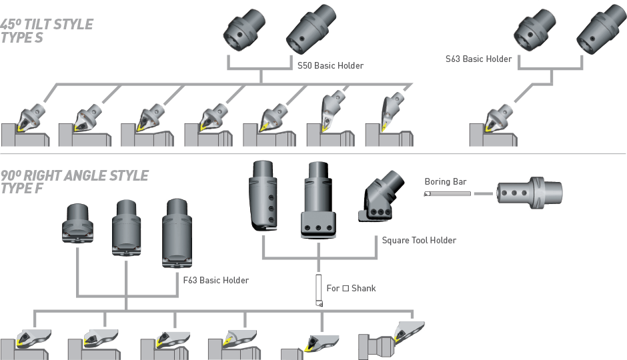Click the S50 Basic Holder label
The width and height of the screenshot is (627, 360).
coord(331,65)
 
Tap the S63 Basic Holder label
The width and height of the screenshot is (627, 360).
coord(478,59)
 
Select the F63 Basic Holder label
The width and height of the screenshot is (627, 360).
coord(215,280)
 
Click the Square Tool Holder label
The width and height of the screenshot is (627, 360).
coord(419,240)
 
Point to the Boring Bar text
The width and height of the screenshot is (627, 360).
coord(446,181)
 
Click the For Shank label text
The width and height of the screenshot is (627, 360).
coord(351,288)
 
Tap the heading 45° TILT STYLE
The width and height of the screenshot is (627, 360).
coord(47,25)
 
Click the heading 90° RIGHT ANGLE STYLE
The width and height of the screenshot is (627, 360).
coord(74,176)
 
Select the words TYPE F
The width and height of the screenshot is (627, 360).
coord(21,188)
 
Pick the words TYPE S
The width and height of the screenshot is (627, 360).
coord(21,37)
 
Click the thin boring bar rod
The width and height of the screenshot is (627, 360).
coord(447,193)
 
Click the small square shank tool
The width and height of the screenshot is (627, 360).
coord(319,291)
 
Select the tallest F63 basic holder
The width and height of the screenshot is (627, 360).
coord(175,233)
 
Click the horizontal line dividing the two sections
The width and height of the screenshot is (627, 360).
coord(313,154)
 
